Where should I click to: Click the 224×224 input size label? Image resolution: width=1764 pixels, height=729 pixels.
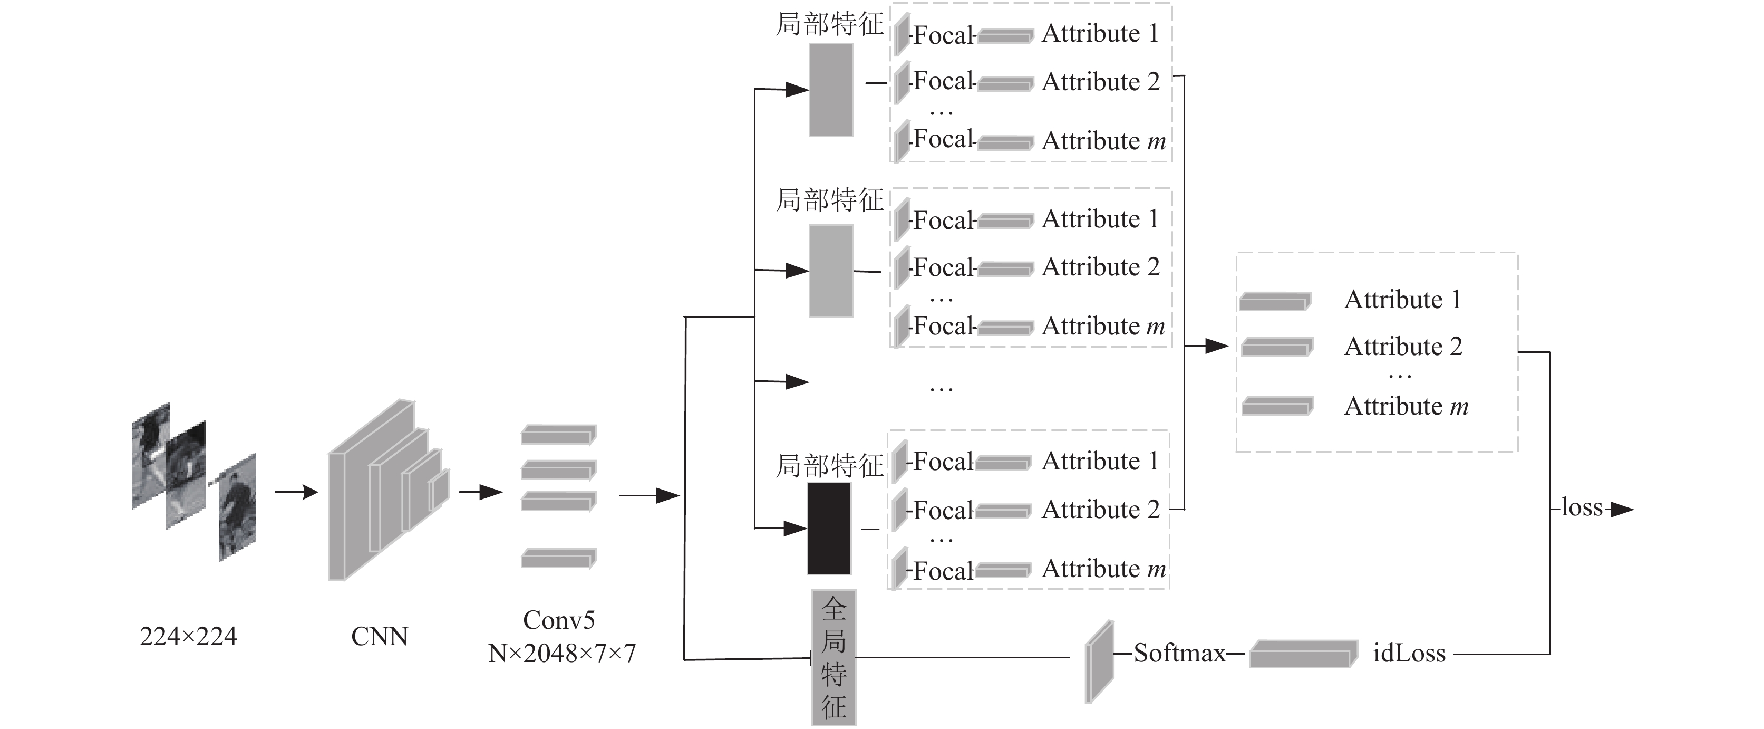coord(188,637)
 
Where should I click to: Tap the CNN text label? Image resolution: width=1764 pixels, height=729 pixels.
coord(380,637)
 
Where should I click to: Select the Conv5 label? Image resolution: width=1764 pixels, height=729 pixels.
coord(559,620)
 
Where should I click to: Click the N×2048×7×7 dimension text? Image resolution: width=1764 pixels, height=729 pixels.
coord(562,653)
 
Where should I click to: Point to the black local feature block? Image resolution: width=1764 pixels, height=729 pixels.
coord(829,528)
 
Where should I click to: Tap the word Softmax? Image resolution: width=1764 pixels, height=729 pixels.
coord(1179,653)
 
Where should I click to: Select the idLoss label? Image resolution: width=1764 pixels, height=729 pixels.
coord(1409,653)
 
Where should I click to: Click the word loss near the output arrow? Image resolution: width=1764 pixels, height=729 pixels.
coord(1583,507)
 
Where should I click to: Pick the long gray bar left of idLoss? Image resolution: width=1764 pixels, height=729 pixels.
coord(1304,654)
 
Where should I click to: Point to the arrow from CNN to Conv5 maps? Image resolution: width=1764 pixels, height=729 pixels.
coord(481,492)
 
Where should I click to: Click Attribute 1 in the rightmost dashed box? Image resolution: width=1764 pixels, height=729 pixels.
coord(1402,300)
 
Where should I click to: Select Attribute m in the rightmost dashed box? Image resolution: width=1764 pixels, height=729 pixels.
coord(1407,406)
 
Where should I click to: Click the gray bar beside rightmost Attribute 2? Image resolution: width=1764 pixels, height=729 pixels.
coord(1277,347)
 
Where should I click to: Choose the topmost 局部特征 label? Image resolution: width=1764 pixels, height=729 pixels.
coord(830,24)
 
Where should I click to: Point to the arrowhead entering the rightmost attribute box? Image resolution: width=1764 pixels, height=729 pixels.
coord(1217,346)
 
